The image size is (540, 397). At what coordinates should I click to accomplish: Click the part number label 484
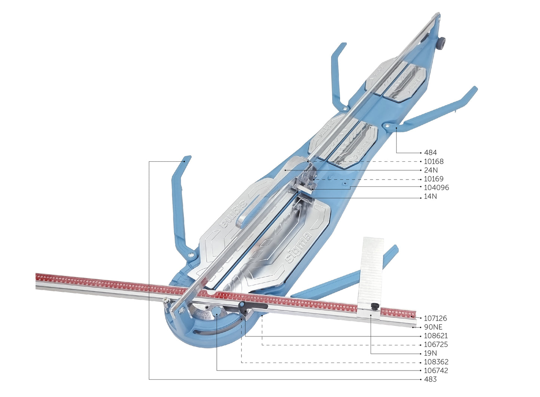431,153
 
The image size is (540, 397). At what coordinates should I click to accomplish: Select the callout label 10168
434,162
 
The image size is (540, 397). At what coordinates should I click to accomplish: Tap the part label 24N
431,170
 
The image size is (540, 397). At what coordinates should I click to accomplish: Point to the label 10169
434,179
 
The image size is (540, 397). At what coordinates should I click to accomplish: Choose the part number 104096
436,187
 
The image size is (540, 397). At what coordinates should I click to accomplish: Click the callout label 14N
431,196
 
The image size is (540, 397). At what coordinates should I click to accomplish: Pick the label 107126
435,318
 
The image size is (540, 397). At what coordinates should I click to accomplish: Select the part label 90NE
433,327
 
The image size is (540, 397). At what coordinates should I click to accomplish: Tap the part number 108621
435,336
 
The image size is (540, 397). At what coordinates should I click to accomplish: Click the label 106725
435,344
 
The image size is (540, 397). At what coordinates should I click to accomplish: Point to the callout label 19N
431,353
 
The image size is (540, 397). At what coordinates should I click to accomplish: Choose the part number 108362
435,362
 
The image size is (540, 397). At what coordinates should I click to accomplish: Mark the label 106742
435,370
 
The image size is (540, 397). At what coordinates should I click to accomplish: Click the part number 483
431,379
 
